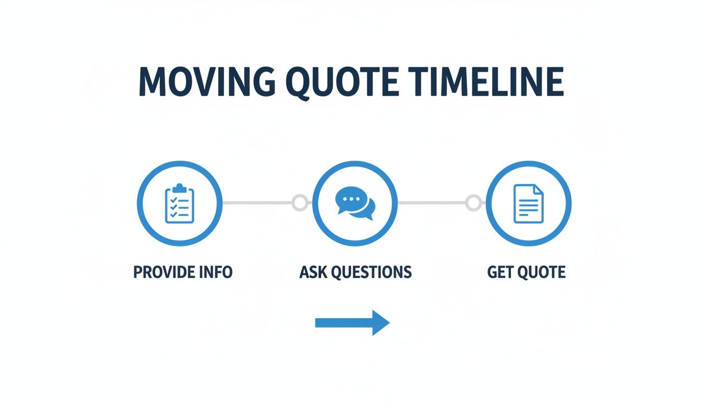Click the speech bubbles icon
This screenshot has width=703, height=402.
pyautogui.click(x=355, y=204)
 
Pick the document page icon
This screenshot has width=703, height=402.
pyautogui.click(x=528, y=203)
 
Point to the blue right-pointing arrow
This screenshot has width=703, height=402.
pyautogui.click(x=352, y=322)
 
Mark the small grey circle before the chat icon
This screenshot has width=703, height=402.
pyautogui.click(x=300, y=203)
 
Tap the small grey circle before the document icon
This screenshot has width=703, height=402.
pyautogui.click(x=473, y=203)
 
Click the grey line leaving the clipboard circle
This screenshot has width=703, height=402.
pyautogui.click(x=256, y=203)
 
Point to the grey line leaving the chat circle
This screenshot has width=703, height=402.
pyautogui.click(x=432, y=203)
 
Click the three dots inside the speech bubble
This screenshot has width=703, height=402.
pyautogui.click(x=348, y=199)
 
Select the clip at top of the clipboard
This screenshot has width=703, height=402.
pyautogui.click(x=179, y=187)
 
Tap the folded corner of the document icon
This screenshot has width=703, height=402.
pyautogui.click(x=538, y=188)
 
